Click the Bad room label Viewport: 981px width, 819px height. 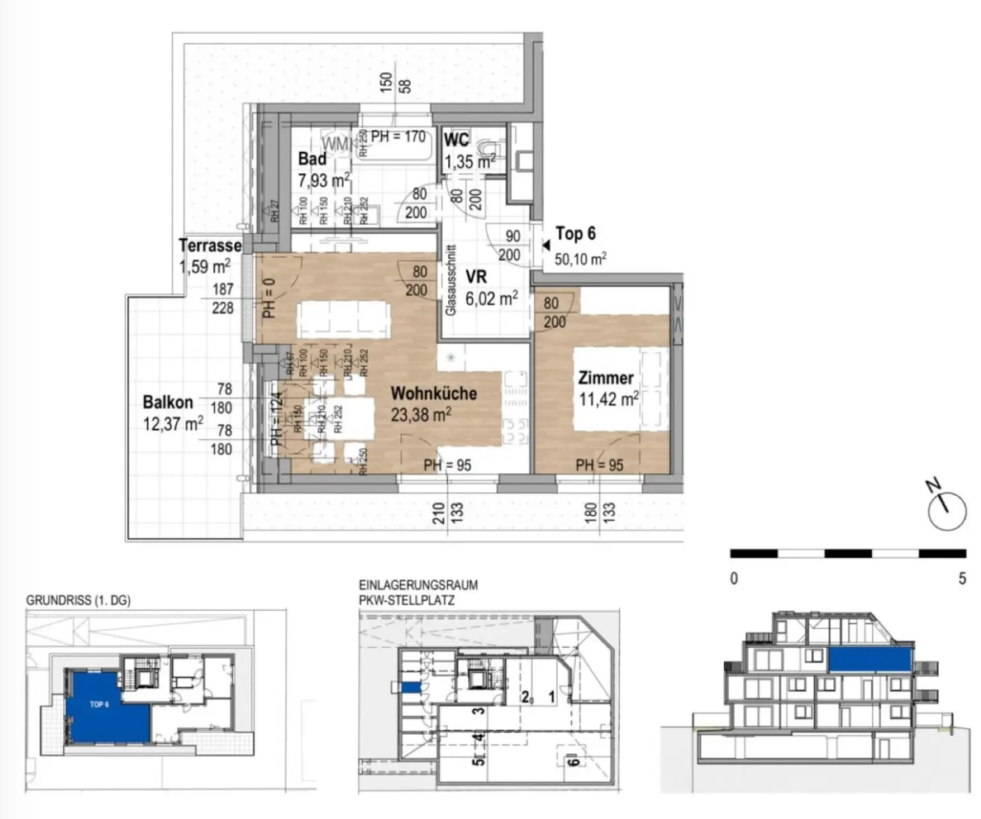tap(312, 158)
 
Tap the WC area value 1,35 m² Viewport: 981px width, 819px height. tap(469, 162)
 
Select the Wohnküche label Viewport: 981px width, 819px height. tap(434, 393)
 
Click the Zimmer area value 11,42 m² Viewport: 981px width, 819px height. tap(608, 400)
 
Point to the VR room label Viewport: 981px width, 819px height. tap(476, 277)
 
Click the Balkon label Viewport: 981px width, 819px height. tap(167, 402)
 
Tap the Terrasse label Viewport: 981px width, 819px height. tap(210, 245)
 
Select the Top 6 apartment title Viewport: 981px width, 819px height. tap(575, 234)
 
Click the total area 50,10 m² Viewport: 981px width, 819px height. tap(580, 259)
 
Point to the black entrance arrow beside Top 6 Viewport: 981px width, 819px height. tap(545, 245)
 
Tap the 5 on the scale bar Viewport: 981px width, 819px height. tap(962, 579)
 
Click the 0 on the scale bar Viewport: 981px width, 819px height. tap(734, 579)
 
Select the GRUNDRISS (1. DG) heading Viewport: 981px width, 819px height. tap(78, 601)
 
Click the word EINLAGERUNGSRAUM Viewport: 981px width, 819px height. tap(418, 585)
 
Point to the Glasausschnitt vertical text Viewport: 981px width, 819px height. tap(450, 280)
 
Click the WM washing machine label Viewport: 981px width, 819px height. tap(336, 144)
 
